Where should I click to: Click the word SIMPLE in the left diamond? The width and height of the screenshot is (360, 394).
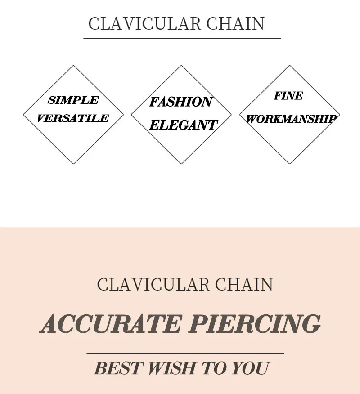coord(73,100)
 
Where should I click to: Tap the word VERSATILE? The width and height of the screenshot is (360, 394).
coord(73,119)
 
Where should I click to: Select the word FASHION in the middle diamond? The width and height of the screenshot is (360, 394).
coord(181,102)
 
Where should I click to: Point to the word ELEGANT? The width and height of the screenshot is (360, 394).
coord(183,125)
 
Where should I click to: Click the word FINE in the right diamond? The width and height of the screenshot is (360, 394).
coord(288,96)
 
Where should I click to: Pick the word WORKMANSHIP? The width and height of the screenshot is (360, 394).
coord(291,119)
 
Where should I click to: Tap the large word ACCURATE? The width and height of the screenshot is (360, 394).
coord(111,324)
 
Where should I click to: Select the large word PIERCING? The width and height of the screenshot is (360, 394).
coord(255,324)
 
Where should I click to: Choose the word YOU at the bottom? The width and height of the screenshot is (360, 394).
coord(250,368)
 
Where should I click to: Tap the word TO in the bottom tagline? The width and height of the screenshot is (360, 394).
coord(213,368)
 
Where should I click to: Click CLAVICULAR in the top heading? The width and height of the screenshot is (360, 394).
coord(144,24)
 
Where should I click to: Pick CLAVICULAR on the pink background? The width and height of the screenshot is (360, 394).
coord(153,285)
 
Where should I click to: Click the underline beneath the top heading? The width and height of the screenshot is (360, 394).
coord(182,39)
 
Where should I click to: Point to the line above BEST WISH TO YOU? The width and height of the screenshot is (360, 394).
coord(185,354)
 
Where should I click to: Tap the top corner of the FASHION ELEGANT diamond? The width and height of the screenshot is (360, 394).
coord(181,66)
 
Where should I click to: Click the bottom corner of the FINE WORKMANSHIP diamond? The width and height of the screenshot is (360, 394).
coord(290,163)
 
